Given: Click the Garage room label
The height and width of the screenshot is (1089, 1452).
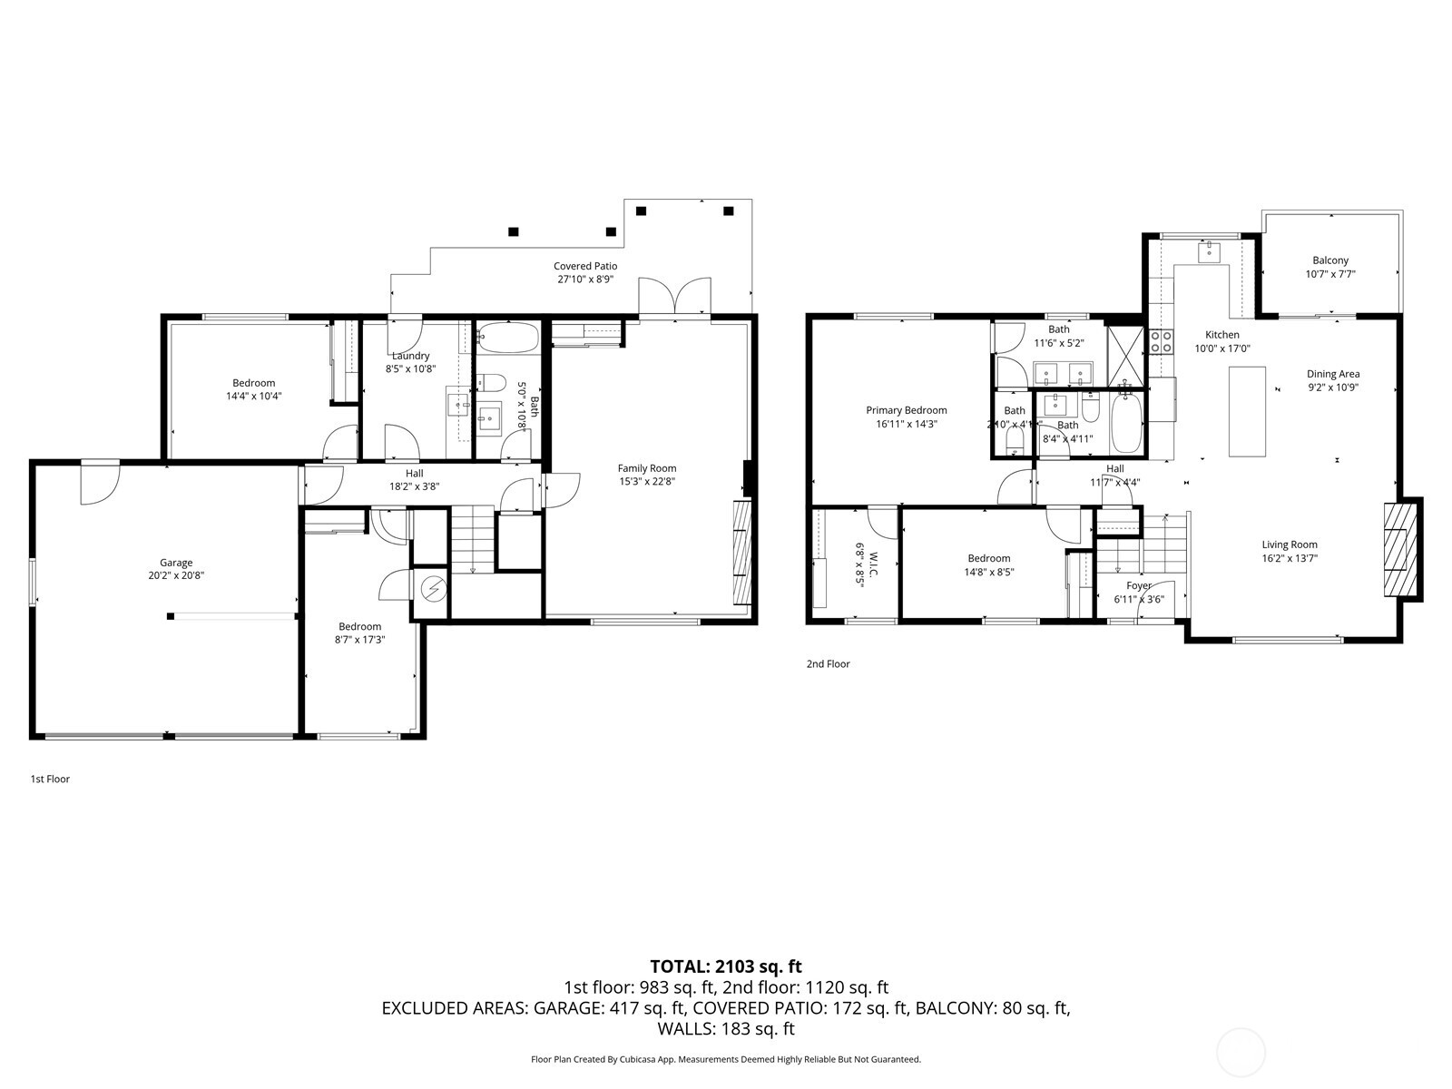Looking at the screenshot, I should click(x=176, y=563).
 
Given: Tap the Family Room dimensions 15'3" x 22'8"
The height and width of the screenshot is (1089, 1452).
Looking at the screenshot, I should click(x=647, y=482).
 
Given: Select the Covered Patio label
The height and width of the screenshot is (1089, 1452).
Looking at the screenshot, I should click(x=585, y=266).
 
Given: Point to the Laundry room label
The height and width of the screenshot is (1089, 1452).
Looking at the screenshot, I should click(x=410, y=356).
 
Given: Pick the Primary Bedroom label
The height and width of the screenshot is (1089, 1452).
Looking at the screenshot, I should click(x=906, y=410).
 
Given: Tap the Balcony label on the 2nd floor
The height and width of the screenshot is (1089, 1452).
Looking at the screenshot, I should click(x=1330, y=260).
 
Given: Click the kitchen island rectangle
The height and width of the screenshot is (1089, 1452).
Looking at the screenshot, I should click(x=1247, y=411).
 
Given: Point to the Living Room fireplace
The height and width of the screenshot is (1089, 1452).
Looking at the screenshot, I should click(x=1400, y=548).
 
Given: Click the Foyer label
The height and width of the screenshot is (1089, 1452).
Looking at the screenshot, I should click(x=1138, y=586).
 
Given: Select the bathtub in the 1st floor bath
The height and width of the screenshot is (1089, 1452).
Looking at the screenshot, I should click(x=507, y=338).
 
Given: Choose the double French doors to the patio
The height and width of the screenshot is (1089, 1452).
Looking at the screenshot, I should click(x=674, y=298).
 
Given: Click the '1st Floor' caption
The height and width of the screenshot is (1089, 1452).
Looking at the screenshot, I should click(x=50, y=779).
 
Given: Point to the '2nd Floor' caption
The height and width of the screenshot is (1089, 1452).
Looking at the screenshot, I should click(x=828, y=663).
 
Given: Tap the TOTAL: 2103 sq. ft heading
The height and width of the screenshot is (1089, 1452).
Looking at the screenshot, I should click(x=725, y=966).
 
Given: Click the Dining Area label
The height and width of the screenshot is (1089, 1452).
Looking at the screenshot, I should click(x=1332, y=374).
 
